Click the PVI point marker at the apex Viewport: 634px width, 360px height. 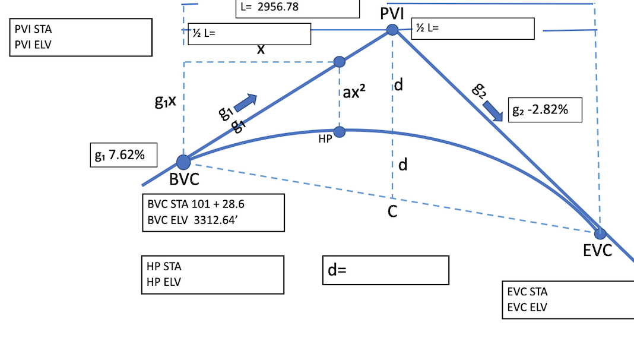coord(392,30)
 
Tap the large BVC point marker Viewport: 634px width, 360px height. coord(183,162)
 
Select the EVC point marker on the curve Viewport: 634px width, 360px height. coord(600,233)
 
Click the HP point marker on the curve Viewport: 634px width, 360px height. coord(339,131)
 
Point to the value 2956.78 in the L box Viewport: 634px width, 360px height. coord(278,8)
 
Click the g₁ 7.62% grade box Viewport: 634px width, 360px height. coord(123,155)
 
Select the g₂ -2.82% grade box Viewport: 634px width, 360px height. coord(545,110)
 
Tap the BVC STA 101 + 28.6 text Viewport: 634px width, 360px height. coord(196,204)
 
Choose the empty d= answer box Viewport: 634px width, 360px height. coord(385,270)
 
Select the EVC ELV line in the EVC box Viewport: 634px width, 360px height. coord(528,307)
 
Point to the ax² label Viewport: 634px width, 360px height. coord(354,93)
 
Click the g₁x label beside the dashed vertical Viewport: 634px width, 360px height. coord(166,102)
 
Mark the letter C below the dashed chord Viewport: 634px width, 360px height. coord(392,211)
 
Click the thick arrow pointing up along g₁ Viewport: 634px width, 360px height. coord(245,103)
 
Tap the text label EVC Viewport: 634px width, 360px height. coord(597,251)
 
